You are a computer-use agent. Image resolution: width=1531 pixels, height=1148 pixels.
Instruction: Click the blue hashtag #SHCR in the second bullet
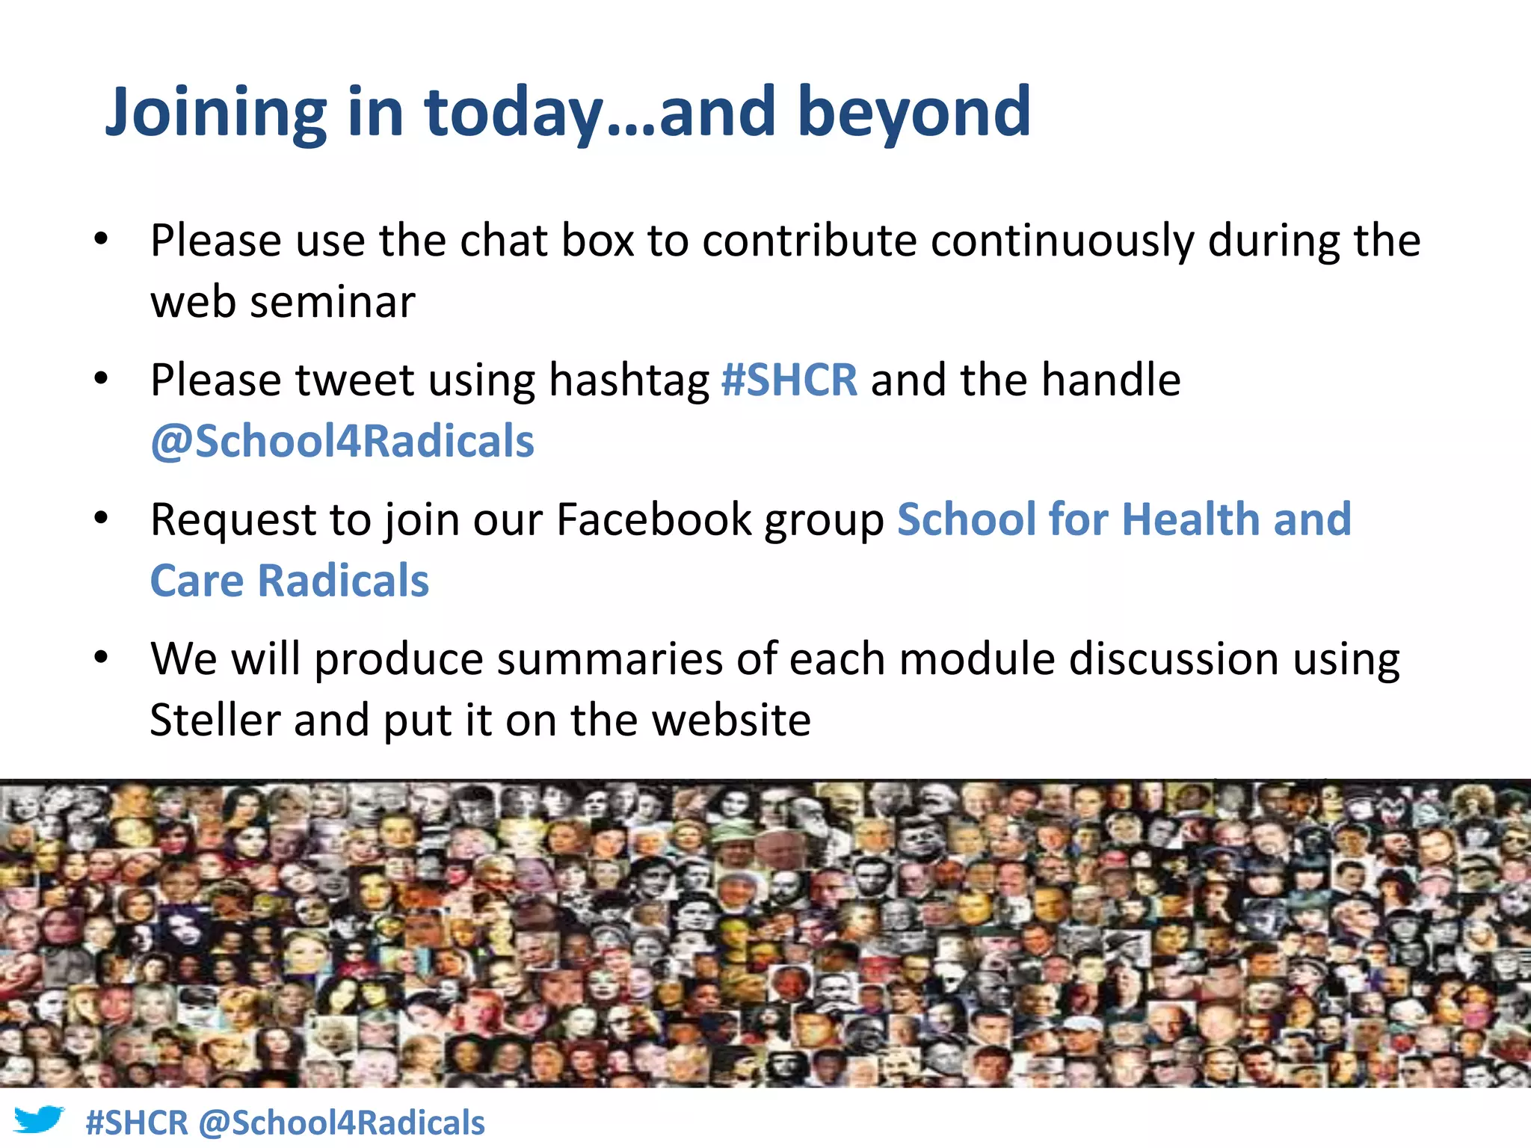[x=789, y=380]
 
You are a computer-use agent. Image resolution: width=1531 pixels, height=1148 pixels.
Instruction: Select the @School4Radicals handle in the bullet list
[x=342, y=441]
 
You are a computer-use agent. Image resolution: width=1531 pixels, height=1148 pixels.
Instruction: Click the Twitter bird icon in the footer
[x=39, y=1121]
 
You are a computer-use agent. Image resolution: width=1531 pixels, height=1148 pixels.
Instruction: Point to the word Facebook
[x=653, y=519]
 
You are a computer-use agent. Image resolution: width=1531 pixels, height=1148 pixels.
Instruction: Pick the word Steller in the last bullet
[x=215, y=720]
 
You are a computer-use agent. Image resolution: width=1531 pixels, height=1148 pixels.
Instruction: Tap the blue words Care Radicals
[x=290, y=581]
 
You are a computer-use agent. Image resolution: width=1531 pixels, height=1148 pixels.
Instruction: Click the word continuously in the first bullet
[x=1062, y=241]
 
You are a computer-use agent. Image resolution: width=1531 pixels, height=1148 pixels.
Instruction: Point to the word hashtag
[x=629, y=381]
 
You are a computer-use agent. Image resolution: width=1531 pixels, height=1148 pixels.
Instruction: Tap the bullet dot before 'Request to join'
[x=102, y=518]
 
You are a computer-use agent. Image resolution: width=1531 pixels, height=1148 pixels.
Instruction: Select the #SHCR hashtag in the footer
[x=137, y=1123]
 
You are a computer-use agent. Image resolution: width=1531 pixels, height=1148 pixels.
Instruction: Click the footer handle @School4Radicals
[x=342, y=1123]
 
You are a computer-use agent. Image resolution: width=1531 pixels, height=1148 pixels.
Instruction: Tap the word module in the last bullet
[x=976, y=659]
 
